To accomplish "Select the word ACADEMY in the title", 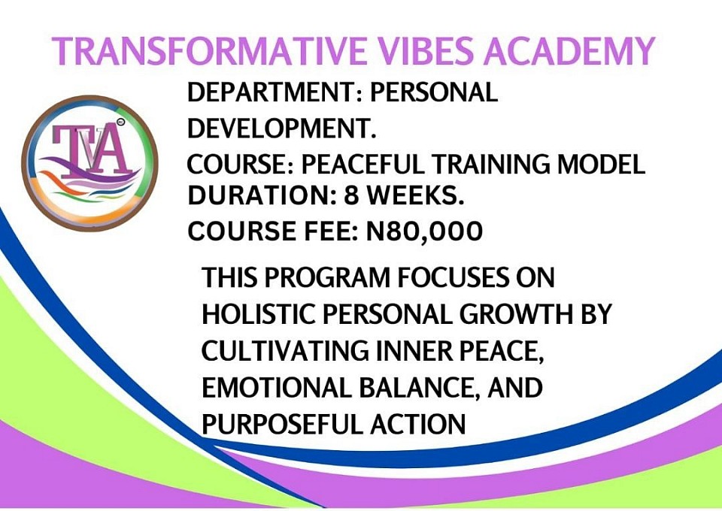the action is [x=569, y=51].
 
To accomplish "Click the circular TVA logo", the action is [x=89, y=163].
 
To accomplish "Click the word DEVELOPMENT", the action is [x=281, y=128].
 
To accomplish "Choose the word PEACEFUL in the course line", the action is [x=363, y=165].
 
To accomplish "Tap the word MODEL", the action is [x=602, y=165].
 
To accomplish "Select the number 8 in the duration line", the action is [x=351, y=195].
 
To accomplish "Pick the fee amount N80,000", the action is [x=424, y=231].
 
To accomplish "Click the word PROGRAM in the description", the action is [x=327, y=277].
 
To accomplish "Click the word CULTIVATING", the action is [x=285, y=351].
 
